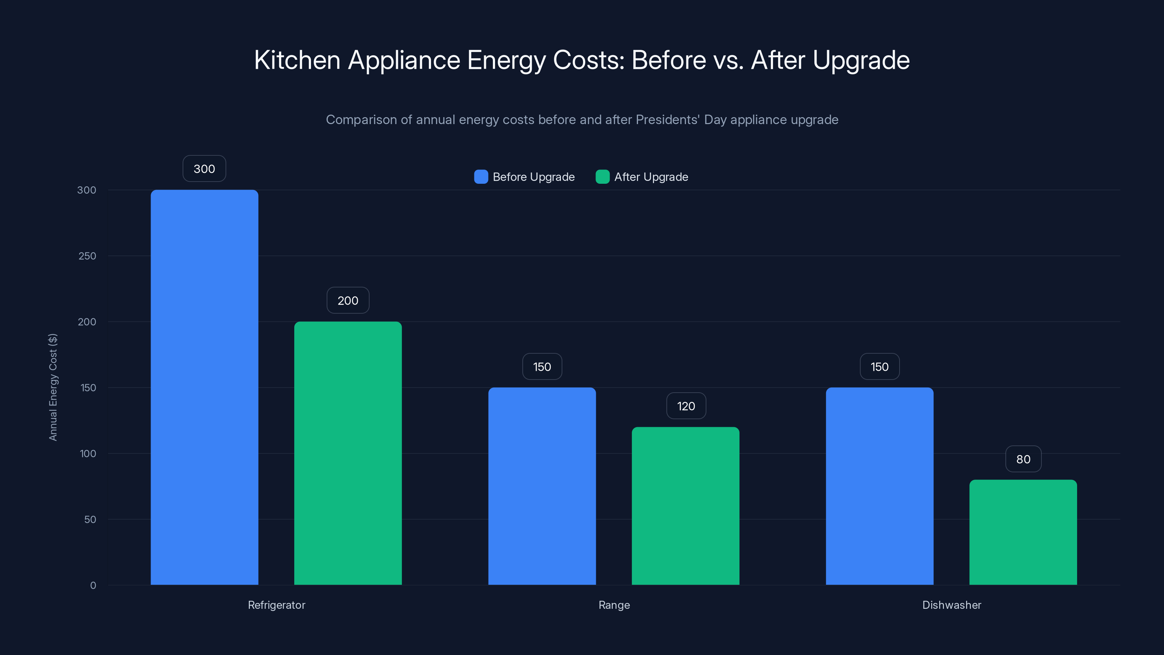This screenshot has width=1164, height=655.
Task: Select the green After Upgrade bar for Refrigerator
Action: pos(348,453)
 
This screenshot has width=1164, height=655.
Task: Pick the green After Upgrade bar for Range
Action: pos(685,506)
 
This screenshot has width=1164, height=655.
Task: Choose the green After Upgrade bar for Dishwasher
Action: pos(1023,532)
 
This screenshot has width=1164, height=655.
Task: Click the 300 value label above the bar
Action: pos(204,168)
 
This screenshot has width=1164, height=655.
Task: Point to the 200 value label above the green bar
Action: pos(348,301)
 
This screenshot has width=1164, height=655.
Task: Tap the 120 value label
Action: pos(686,406)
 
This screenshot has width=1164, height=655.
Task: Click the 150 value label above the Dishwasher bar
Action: pos(879,366)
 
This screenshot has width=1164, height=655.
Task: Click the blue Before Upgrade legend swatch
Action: pos(481,177)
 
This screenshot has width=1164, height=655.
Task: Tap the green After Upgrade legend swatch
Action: pos(602,177)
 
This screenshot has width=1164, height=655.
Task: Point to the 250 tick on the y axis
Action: pos(87,256)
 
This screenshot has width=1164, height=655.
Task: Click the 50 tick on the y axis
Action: pos(90,519)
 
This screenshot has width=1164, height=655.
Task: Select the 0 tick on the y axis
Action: pos(93,585)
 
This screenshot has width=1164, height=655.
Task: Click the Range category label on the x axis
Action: pos(614,605)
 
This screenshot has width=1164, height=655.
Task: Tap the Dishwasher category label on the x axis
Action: pos(952,605)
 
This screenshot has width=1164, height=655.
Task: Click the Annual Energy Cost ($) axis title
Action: pos(53,387)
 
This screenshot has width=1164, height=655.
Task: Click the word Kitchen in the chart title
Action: pos(297,60)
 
